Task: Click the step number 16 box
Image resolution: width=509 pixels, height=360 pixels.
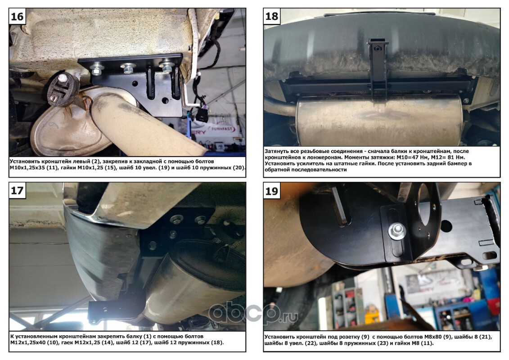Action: (17, 16)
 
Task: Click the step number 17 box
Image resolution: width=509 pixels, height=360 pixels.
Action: (17, 190)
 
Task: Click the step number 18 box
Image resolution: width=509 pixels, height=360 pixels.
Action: (271, 16)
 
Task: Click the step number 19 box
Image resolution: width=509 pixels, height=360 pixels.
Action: (271, 191)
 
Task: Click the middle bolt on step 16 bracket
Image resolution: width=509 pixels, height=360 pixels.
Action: (128, 68)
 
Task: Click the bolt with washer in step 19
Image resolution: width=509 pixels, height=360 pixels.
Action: (396, 230)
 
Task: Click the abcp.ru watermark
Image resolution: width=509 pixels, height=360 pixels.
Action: (253, 313)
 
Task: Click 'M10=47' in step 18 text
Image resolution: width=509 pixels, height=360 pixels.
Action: (412, 157)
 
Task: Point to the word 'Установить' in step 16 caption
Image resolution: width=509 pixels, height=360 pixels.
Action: (25, 162)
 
